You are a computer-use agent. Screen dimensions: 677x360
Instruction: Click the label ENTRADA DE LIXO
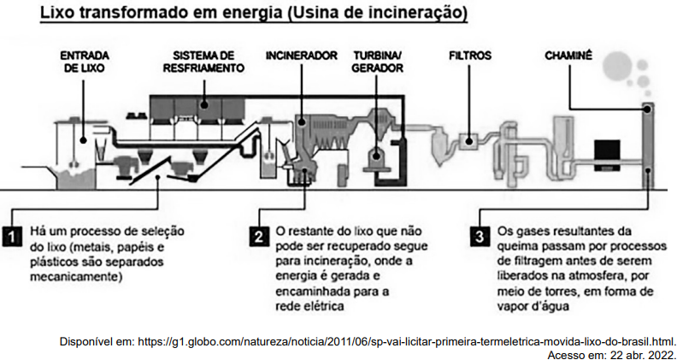(84, 62)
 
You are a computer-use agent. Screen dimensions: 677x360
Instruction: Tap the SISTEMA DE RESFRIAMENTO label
(203, 62)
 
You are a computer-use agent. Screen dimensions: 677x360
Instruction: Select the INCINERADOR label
(302, 56)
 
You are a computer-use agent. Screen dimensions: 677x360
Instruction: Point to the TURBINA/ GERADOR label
(378, 62)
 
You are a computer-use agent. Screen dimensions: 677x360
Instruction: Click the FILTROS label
(470, 56)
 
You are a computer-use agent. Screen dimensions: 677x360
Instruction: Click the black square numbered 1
(12, 236)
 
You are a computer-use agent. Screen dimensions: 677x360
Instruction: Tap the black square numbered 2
(259, 236)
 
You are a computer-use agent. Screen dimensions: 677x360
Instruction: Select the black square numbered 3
(480, 236)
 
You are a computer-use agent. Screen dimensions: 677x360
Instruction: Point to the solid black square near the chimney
(607, 155)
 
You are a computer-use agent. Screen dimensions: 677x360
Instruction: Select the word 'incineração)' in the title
(425, 14)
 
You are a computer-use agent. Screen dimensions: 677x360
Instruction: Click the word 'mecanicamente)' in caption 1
(76, 277)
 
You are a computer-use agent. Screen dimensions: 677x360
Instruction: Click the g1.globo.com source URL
(406, 341)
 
